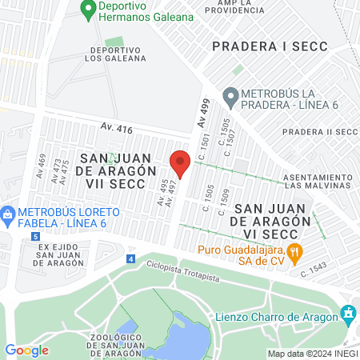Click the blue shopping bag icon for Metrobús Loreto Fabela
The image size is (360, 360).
[8, 214]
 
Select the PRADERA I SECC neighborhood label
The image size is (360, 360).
[270, 46]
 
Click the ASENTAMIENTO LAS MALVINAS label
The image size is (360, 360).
[321, 181]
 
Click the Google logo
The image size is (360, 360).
[26, 350]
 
